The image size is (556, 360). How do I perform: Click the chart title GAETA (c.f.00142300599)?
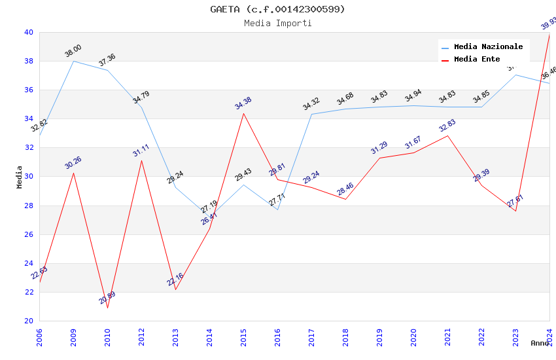pos(277,9)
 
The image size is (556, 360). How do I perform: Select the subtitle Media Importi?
pos(277,23)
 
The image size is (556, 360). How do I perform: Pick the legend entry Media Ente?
pos(477,59)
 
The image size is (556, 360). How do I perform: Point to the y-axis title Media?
pos(20,177)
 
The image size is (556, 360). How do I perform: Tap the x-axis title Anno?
pos(540,343)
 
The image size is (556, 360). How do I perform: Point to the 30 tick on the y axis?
pos(29,177)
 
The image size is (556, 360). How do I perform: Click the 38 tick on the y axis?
pos(29,61)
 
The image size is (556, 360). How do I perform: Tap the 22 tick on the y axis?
pos(29,292)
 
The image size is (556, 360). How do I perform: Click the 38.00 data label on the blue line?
pos(73,50)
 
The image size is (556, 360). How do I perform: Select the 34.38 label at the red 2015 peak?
pos(243,103)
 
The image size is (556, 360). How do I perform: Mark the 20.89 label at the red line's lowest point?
pos(107,298)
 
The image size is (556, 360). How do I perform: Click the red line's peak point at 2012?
pos(141,160)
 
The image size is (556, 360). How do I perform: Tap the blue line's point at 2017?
pos(311,114)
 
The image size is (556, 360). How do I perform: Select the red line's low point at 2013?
pos(175,289)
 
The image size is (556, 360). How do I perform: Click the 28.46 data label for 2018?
pos(345,189)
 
